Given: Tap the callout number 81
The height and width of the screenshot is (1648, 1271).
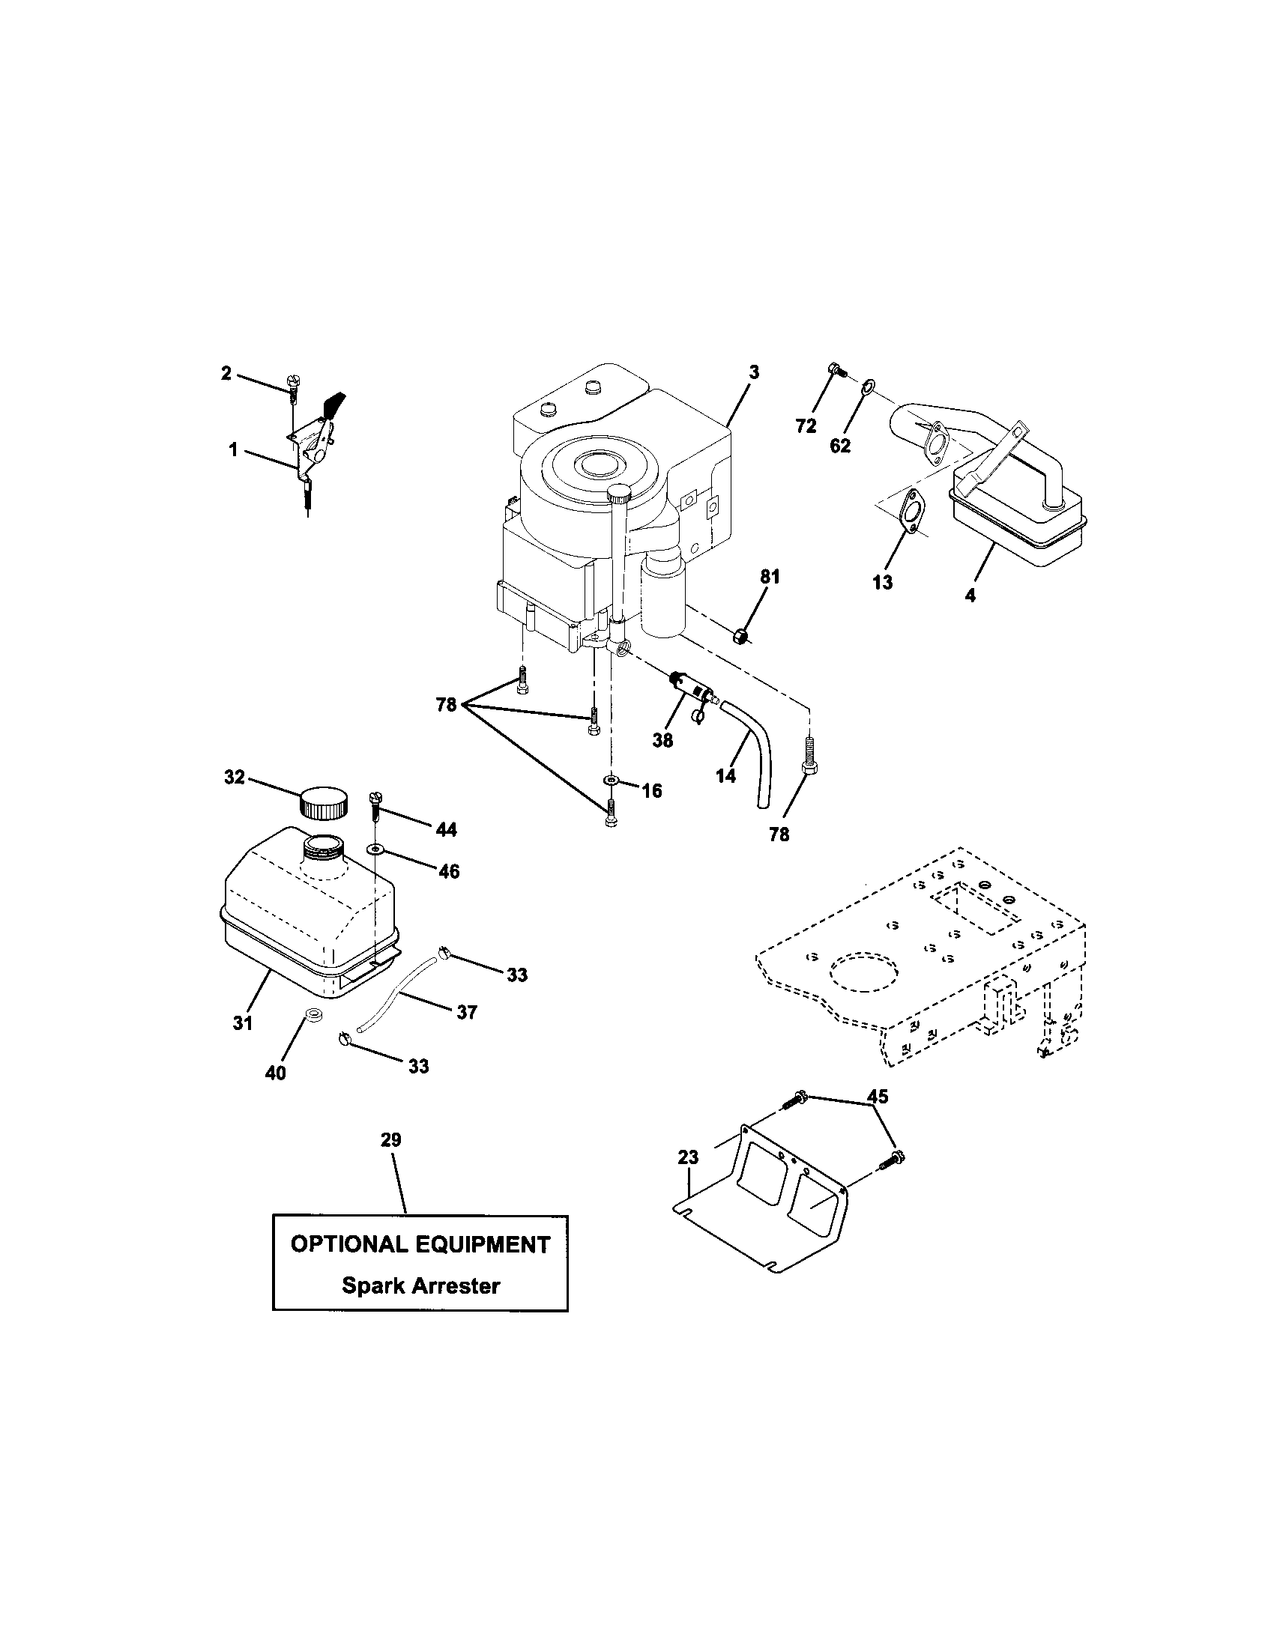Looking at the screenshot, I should (x=769, y=577).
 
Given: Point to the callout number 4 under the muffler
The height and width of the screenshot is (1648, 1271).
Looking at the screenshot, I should (x=970, y=596).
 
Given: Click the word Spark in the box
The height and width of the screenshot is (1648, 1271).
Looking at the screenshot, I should (x=374, y=1285).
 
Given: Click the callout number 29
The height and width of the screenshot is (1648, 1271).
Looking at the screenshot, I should (x=390, y=1139).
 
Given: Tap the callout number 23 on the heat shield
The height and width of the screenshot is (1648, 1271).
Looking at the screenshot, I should (x=687, y=1157).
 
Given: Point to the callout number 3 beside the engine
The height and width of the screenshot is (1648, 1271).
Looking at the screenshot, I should (x=753, y=372).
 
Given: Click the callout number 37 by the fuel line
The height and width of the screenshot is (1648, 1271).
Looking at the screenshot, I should (x=466, y=1012).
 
